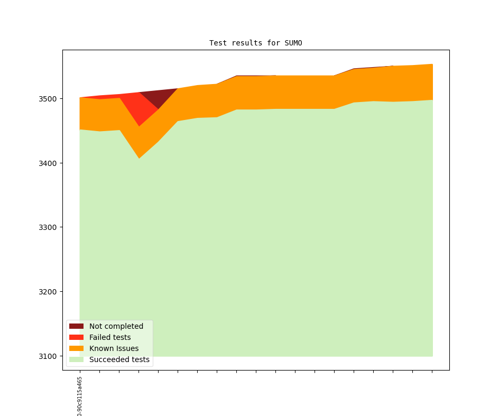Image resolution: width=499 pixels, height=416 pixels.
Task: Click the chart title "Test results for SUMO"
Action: [255, 43]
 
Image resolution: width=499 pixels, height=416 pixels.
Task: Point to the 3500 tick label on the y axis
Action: [48, 99]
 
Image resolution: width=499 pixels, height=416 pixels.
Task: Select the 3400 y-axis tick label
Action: [48, 163]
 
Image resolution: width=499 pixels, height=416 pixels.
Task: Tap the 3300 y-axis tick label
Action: [48, 227]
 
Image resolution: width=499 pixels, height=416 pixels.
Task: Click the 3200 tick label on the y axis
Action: [48, 292]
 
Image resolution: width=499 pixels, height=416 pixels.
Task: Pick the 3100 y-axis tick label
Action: [48, 356]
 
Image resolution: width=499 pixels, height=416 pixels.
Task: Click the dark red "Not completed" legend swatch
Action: [76, 326]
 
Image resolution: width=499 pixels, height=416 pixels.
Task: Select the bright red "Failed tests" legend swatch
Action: [76, 337]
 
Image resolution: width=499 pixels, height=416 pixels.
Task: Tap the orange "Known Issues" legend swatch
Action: [76, 348]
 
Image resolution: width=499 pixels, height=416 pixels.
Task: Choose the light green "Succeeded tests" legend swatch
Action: [76, 359]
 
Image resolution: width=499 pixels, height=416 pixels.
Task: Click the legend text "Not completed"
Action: [116, 326]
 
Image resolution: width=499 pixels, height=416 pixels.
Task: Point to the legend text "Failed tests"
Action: [110, 337]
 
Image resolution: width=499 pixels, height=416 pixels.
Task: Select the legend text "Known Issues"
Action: [114, 348]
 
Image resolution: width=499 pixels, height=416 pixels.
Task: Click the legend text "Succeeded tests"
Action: [119, 359]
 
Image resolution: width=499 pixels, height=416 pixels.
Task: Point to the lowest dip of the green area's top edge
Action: [139, 159]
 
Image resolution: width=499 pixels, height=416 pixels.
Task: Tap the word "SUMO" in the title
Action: [292, 43]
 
